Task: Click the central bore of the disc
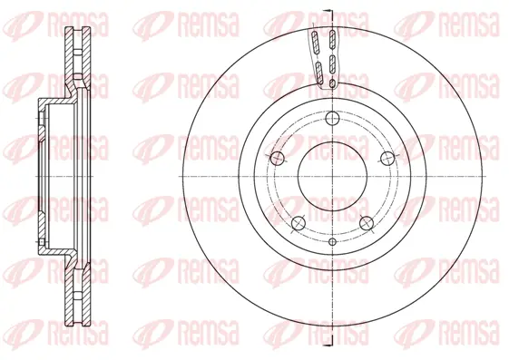pyautogui.click(x=332, y=175)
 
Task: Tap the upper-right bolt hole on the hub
pyautogui.click(x=387, y=157)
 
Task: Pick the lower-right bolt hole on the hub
pyautogui.click(x=367, y=222)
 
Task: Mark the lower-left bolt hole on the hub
pyautogui.click(x=298, y=222)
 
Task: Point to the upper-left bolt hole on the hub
pyautogui.click(x=277, y=157)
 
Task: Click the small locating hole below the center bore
pyautogui.click(x=332, y=241)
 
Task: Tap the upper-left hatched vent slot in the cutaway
pyautogui.click(x=314, y=42)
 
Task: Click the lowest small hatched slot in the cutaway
pyautogui.click(x=332, y=84)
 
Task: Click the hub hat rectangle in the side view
pyautogui.click(x=44, y=175)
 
